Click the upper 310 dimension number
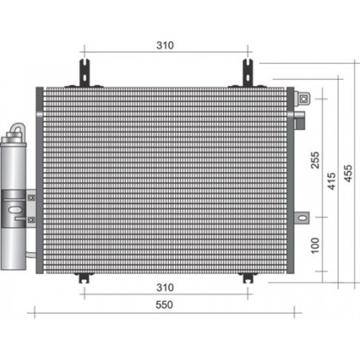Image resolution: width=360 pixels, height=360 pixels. pos(165,45)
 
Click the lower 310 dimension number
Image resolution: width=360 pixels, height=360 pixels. pos(165,288)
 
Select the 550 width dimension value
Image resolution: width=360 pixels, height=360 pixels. pos(164,305)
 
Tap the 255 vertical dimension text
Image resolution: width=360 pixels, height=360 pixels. pos(315,160)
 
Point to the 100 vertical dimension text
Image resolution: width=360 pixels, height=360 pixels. pos(315,245)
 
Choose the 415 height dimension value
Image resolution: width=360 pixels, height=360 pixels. pos(331,181)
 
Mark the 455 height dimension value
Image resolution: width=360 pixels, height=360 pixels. pos(348,174)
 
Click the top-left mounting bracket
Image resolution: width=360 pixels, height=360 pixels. pos(84,73)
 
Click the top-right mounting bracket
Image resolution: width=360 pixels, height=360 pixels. pos(248,73)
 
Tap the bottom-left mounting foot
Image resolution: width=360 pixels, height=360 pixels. pos(84,277)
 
